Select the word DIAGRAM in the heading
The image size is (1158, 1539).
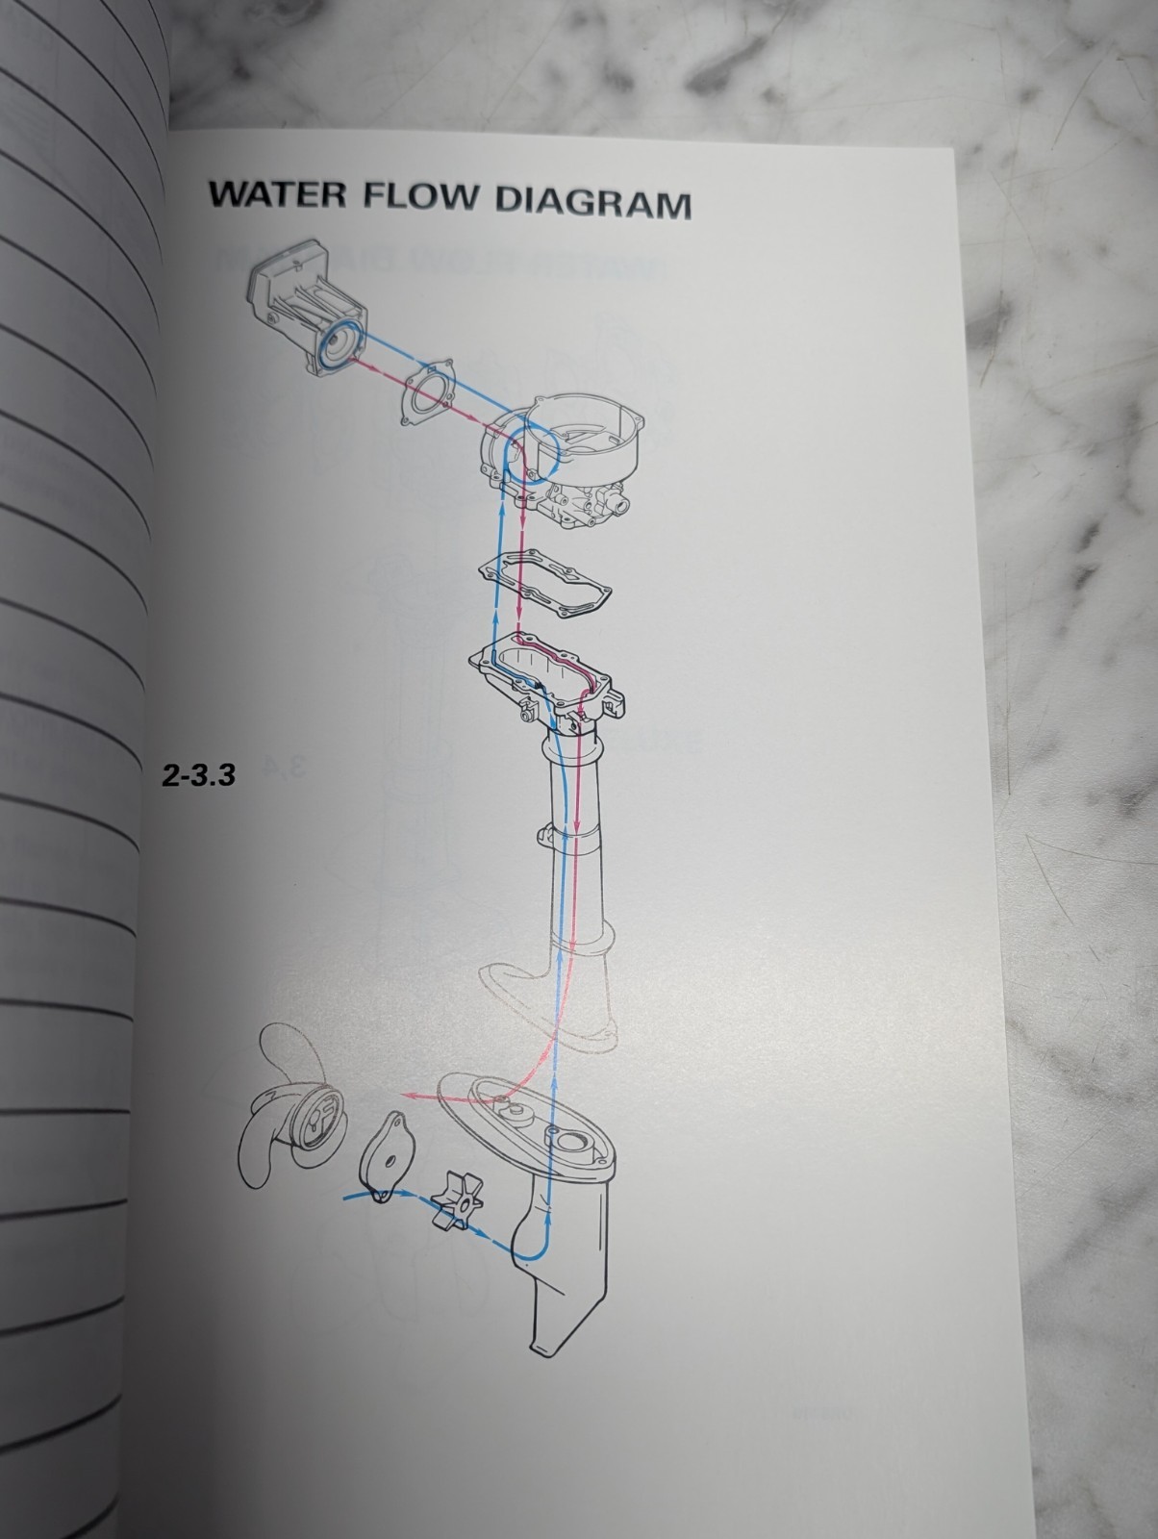point(593,202)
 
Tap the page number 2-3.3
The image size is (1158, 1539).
point(198,774)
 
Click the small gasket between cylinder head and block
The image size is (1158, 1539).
point(428,391)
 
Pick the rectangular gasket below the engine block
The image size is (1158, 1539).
point(544,584)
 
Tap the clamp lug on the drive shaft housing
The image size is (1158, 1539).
point(547,835)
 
